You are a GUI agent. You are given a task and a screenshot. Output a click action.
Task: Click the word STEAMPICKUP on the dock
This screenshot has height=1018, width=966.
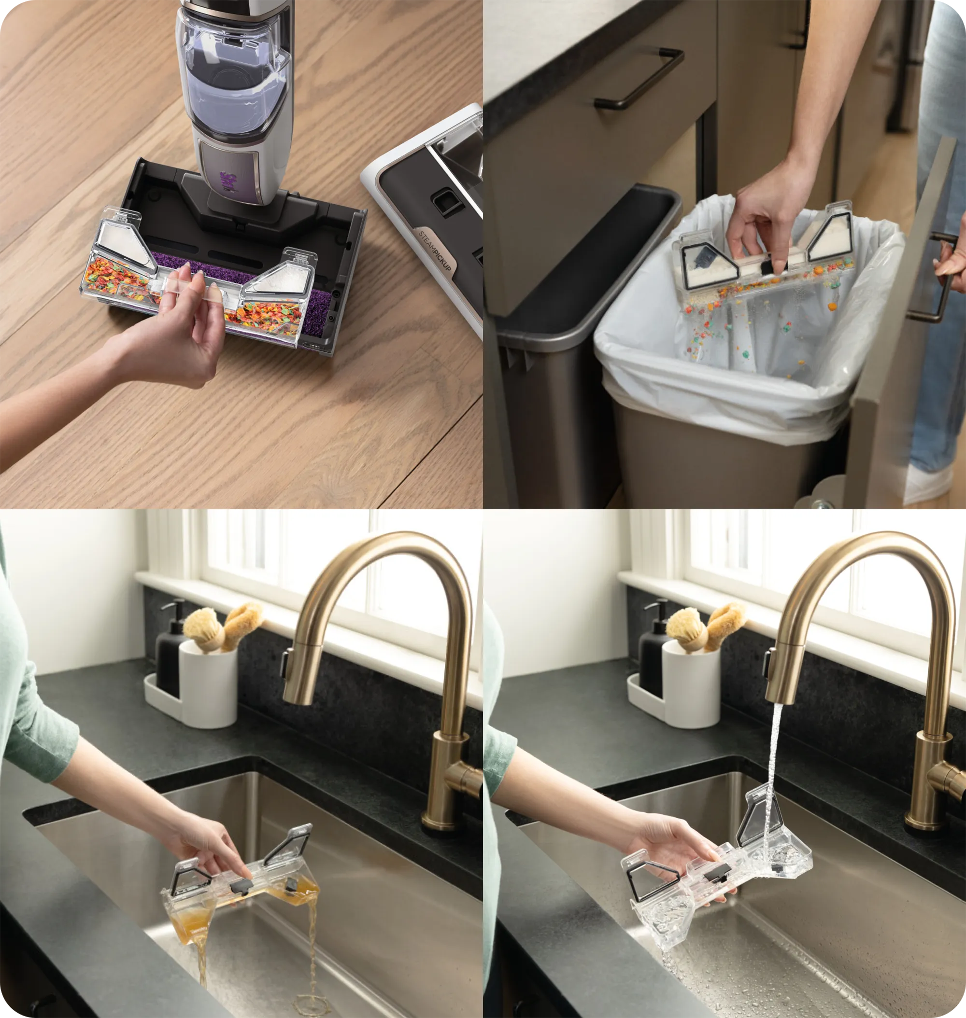435,251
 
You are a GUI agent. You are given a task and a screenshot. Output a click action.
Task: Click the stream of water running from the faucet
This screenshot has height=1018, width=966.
772,772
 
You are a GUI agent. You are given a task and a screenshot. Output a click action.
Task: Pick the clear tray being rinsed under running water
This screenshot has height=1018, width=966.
716,875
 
